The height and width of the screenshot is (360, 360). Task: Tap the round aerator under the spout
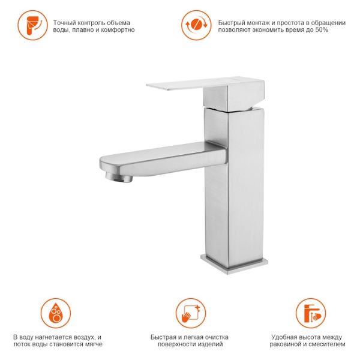click(x=119, y=177)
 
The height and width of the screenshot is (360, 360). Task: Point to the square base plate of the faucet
click(x=234, y=263)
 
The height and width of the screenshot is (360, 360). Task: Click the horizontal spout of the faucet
click(x=163, y=159)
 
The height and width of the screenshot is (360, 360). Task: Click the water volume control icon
click(x=32, y=25)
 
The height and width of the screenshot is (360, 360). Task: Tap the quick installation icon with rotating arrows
click(x=196, y=25)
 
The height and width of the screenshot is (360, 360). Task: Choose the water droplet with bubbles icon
click(x=56, y=313)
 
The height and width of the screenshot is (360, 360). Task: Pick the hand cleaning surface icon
click(x=191, y=313)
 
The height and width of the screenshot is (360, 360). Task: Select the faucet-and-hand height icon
click(x=311, y=313)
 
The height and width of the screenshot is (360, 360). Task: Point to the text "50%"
click(x=322, y=30)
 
